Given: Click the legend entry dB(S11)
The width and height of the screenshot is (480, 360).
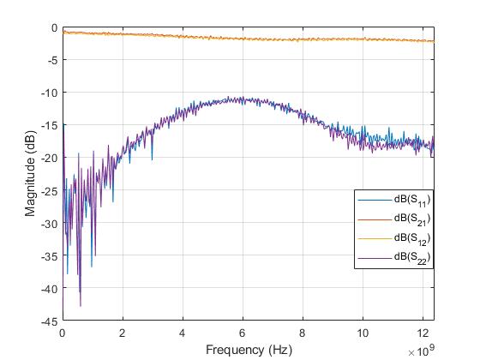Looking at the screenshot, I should pyautogui.click(x=411, y=200).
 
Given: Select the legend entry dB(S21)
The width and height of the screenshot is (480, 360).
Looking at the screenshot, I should pyautogui.click(x=411, y=219).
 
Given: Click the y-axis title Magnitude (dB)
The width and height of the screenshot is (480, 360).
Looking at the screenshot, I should pyautogui.click(x=30, y=174).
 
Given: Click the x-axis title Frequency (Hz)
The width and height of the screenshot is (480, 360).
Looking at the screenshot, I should pyautogui.click(x=249, y=350).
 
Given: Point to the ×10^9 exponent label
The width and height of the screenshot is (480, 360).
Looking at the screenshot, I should pyautogui.click(x=420, y=351).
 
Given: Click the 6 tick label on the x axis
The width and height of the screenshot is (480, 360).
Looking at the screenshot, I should pyautogui.click(x=243, y=333).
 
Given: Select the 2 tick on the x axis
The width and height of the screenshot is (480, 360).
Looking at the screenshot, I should pyautogui.click(x=123, y=333).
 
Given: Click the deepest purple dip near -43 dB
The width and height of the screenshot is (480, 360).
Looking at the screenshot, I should pyautogui.click(x=81, y=305).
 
